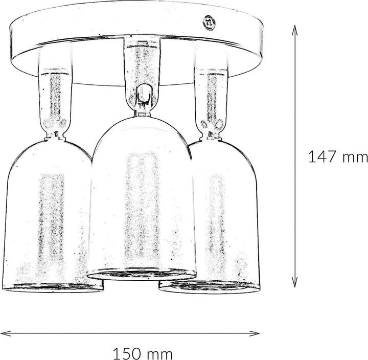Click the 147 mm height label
[x=338, y=157]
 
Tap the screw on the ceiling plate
[x=209, y=22]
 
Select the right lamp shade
[x=225, y=215]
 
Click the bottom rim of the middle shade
[x=142, y=275]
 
